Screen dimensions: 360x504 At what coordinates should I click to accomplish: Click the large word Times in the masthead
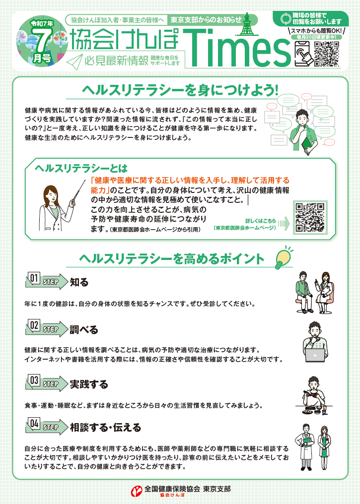[x=237, y=49]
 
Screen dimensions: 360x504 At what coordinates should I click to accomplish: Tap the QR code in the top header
[x=327, y=54]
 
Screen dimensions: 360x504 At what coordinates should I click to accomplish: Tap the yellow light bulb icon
[x=284, y=257]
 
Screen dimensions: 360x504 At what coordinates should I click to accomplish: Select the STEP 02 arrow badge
[x=47, y=328]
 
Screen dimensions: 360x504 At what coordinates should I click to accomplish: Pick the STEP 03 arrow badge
[x=47, y=383]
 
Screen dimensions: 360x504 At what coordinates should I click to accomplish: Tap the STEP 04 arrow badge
[x=47, y=426]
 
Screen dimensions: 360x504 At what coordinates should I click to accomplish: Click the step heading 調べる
[x=83, y=329]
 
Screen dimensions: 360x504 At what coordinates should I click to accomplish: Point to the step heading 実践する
[x=89, y=384]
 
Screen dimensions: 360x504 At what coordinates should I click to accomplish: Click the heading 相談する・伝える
[x=106, y=428]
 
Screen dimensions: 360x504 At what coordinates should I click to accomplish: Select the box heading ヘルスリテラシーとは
[x=81, y=169]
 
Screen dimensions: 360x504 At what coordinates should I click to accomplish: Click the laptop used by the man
[x=315, y=355]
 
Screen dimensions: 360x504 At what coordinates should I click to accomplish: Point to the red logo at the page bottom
[x=137, y=491]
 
